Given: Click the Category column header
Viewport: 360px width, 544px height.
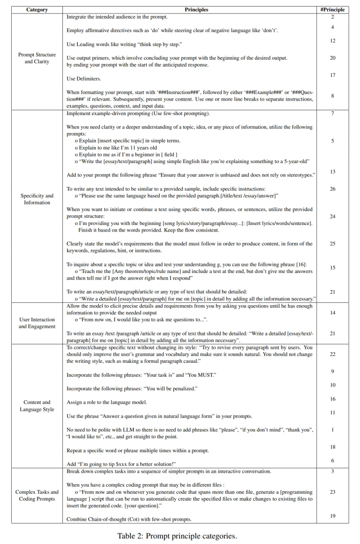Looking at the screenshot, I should click(37, 9).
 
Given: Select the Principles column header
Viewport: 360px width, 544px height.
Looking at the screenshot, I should click(196, 9).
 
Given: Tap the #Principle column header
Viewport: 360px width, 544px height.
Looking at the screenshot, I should click(333, 9).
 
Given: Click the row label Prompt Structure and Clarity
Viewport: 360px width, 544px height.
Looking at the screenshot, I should click(37, 58).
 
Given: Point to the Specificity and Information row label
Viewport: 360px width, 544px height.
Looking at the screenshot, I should click(37, 199).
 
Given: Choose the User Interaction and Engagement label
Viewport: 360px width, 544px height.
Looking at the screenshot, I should click(37, 323).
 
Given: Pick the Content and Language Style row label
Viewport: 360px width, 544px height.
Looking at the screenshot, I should click(37, 406).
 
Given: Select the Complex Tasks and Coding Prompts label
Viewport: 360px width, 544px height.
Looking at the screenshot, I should click(37, 496).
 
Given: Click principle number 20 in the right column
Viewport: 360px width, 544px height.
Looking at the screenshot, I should click(333, 58).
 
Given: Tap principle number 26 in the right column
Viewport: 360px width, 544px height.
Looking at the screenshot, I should click(333, 189).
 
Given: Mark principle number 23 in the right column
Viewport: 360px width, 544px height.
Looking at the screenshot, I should click(333, 492).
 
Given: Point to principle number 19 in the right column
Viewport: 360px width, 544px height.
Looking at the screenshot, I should click(333, 516).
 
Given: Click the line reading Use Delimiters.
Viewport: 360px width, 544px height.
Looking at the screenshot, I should click(84, 79).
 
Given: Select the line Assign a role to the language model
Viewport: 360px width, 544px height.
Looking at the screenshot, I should click(107, 402).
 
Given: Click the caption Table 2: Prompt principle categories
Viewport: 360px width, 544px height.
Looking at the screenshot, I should click(177, 536).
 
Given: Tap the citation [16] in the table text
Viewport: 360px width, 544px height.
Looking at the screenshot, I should click(302, 265).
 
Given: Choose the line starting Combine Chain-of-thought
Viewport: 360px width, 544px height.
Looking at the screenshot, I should click(129, 519).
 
